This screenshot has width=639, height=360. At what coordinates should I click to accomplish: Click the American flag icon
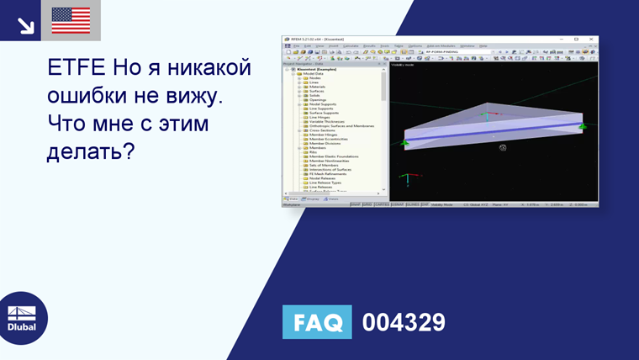71,20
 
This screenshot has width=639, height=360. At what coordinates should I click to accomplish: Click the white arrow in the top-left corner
25,24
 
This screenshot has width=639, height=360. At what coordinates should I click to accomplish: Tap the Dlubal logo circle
22,318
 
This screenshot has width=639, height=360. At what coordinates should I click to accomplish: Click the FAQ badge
317,322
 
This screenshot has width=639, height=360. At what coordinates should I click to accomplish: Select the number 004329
404,322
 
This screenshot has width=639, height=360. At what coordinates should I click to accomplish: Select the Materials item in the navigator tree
317,87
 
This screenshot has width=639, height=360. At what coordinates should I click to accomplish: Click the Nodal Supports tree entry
322,104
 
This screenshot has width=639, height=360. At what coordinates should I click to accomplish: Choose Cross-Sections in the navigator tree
323,130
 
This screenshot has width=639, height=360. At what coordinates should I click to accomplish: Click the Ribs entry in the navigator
313,152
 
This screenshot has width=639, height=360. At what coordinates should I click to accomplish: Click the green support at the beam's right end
581,126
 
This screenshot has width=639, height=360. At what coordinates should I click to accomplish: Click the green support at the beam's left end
404,144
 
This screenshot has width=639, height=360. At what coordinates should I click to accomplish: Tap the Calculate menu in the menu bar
351,45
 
